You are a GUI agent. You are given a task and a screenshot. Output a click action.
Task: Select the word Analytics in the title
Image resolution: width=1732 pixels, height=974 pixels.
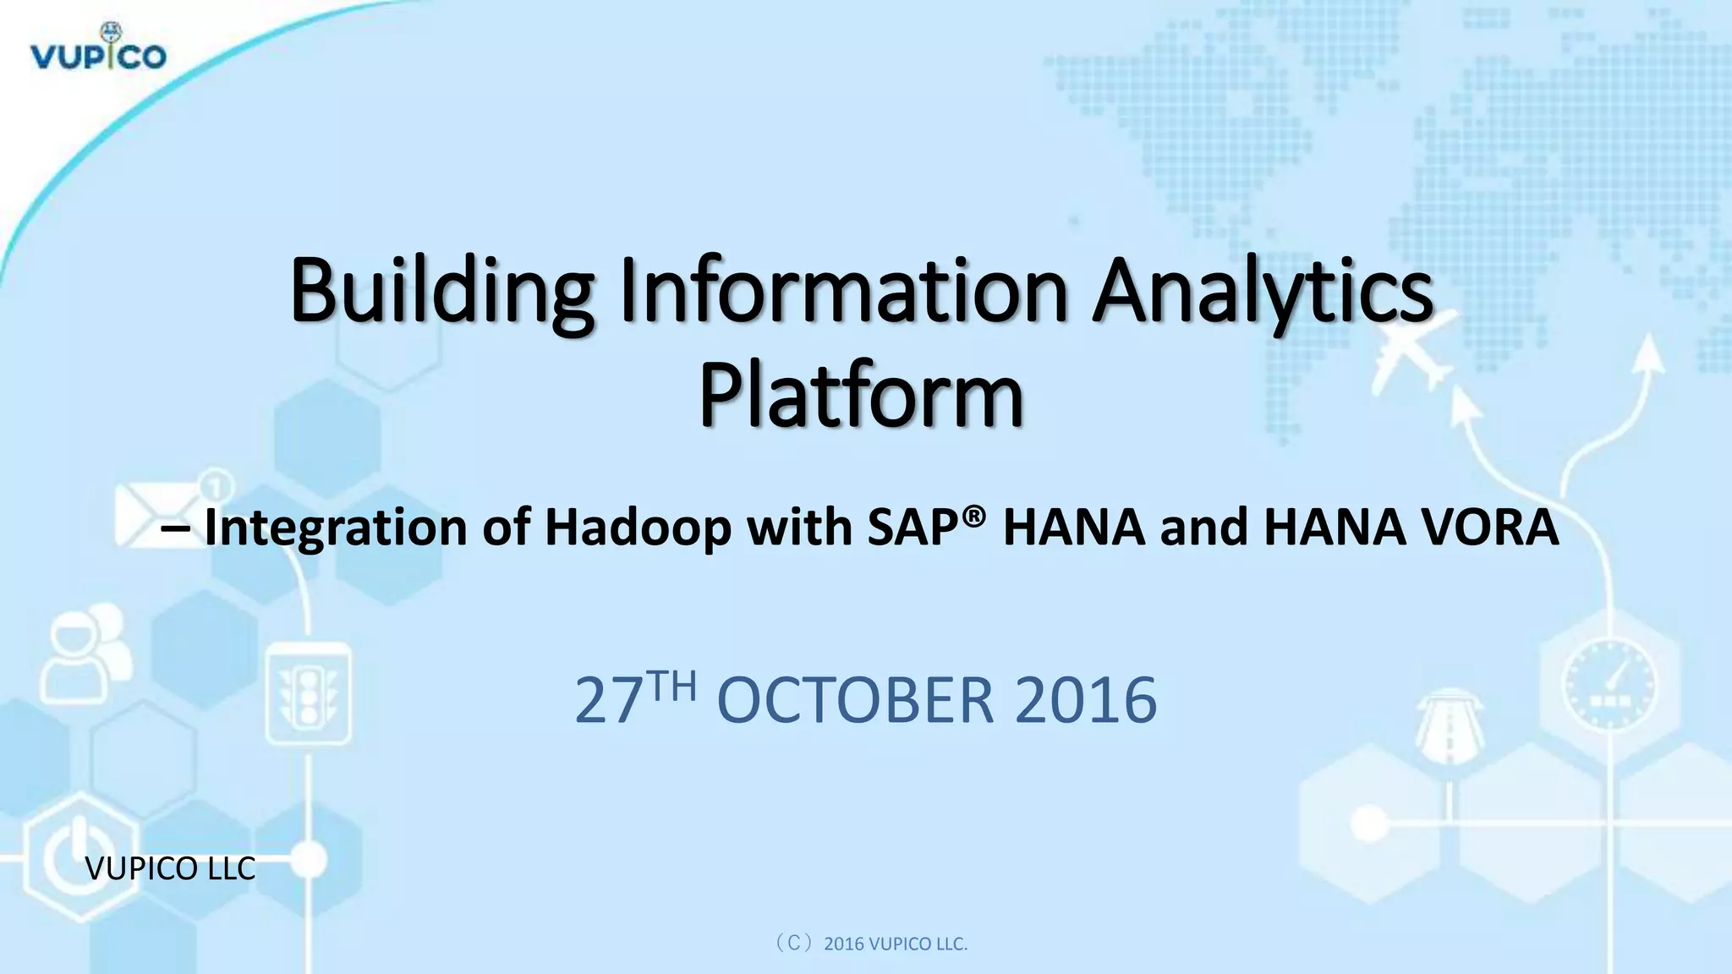[1262, 292]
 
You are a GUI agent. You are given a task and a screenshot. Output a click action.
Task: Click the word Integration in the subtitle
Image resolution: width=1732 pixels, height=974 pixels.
[336, 528]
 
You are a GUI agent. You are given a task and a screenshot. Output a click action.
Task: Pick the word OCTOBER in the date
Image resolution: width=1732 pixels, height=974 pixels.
[855, 700]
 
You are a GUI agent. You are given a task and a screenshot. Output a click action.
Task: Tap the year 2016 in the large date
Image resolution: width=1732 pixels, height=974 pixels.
[1085, 700]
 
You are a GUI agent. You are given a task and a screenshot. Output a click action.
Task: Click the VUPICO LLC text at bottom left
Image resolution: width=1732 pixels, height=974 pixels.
[171, 868]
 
